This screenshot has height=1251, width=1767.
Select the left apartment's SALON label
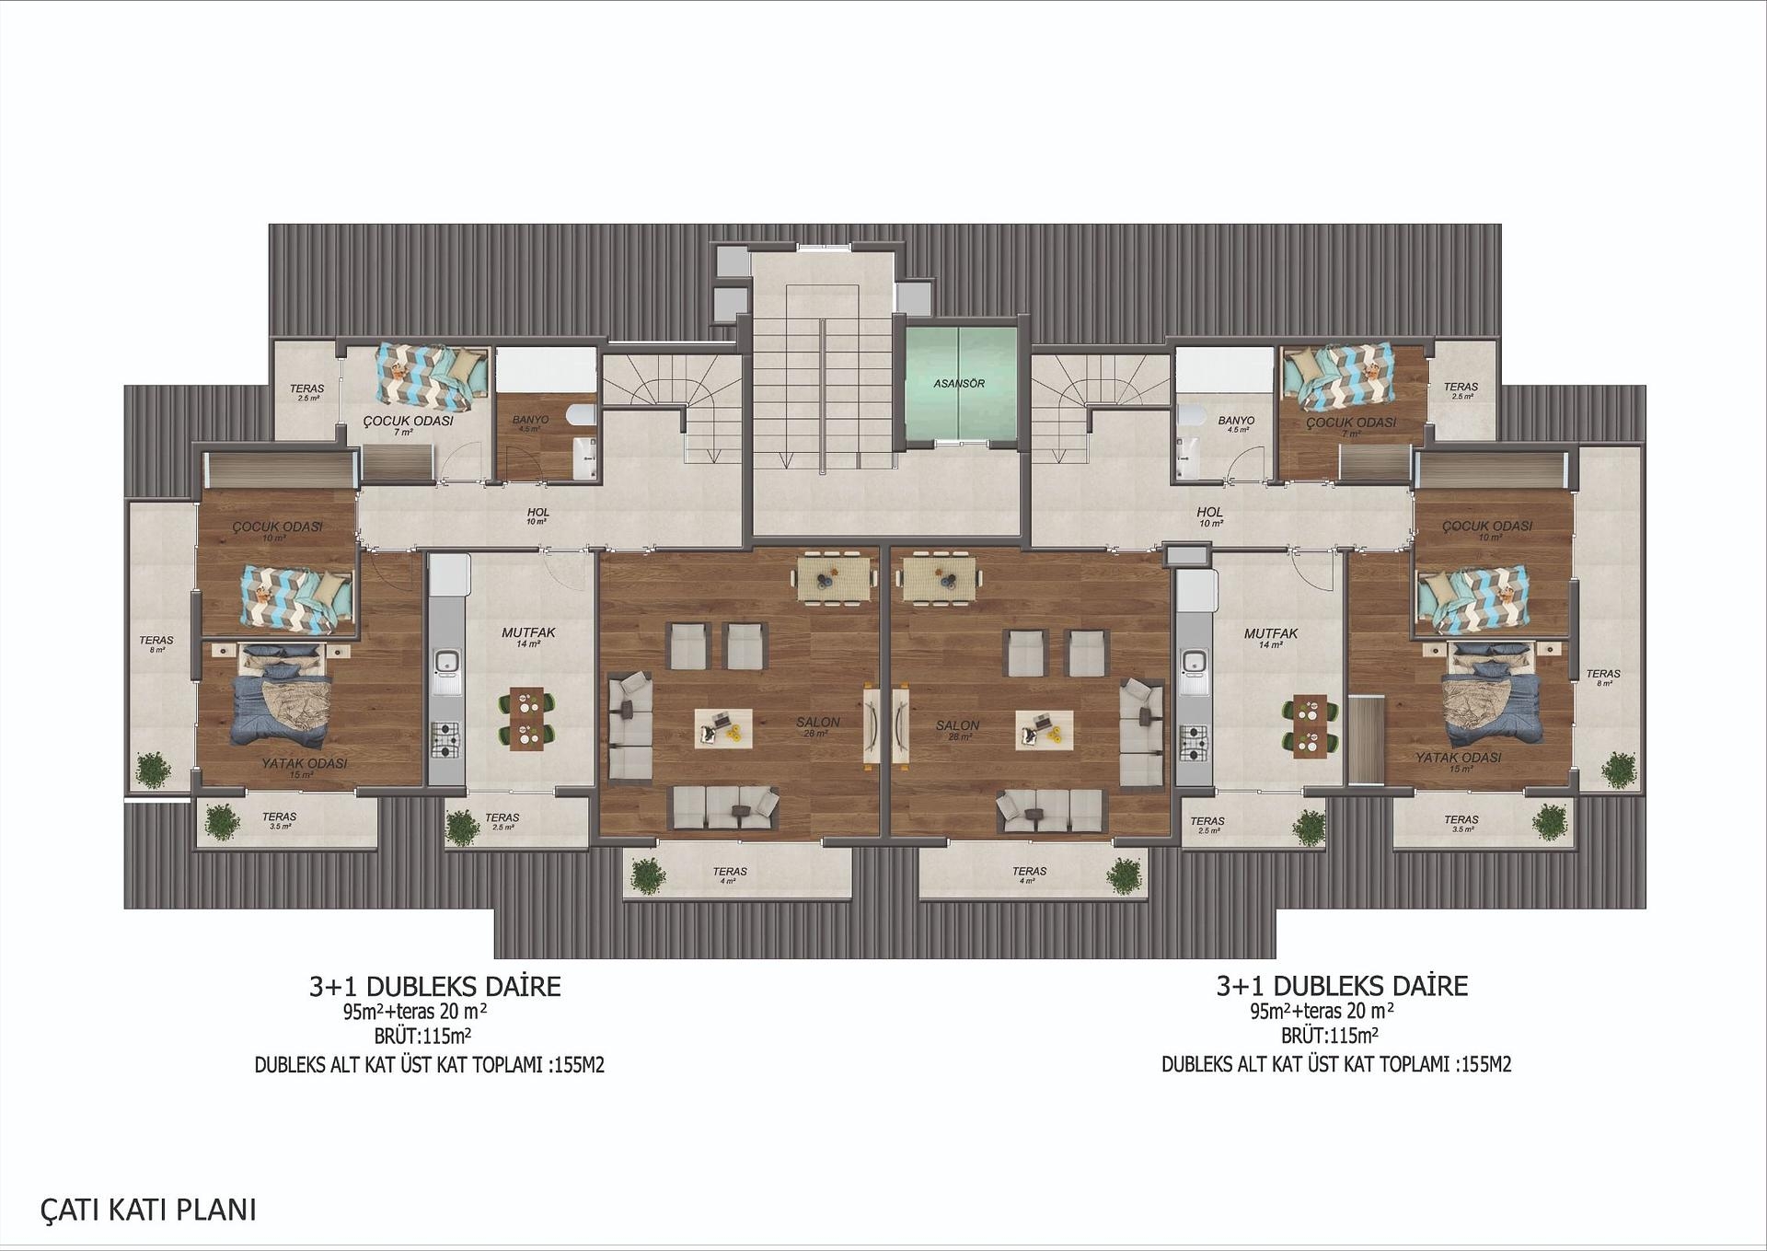(x=817, y=723)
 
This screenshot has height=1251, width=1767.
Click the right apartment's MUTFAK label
(x=1270, y=634)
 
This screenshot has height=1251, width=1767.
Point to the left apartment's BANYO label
(x=530, y=420)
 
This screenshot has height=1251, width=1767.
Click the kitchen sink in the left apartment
(x=446, y=662)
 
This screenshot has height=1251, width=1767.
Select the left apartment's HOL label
(x=538, y=513)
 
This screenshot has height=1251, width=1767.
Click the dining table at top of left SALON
(x=835, y=578)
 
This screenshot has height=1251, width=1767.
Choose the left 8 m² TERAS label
(x=156, y=641)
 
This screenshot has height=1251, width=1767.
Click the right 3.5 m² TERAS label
(x=1461, y=819)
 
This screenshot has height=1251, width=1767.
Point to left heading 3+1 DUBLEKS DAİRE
(x=434, y=987)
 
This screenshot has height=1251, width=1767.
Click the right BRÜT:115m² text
(x=1329, y=1037)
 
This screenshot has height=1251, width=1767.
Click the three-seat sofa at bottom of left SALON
(x=725, y=807)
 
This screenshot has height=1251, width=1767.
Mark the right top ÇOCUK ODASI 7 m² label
(x=1350, y=423)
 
